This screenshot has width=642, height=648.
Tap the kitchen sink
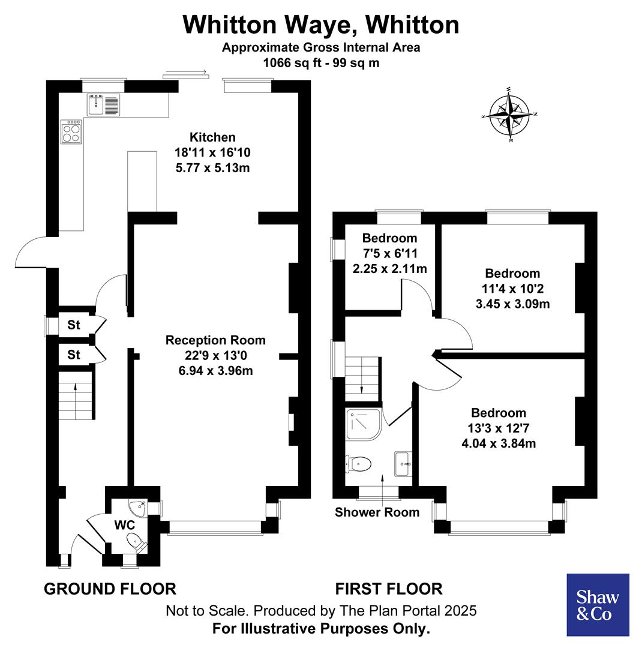(103, 104)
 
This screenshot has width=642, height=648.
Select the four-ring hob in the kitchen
(71, 131)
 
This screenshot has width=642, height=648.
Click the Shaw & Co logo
(598, 604)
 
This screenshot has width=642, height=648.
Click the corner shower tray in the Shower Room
(361, 424)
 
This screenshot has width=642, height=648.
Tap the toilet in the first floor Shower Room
(359, 463)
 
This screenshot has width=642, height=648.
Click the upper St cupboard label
(73, 325)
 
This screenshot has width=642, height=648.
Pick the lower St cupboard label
(73, 355)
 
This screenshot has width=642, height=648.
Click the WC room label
(125, 525)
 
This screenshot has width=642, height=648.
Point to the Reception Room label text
(215, 340)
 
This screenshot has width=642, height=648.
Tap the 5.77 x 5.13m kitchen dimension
(212, 167)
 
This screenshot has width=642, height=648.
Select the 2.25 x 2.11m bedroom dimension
(389, 268)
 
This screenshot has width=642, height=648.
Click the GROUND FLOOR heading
(110, 589)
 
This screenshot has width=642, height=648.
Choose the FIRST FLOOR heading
(389, 589)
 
